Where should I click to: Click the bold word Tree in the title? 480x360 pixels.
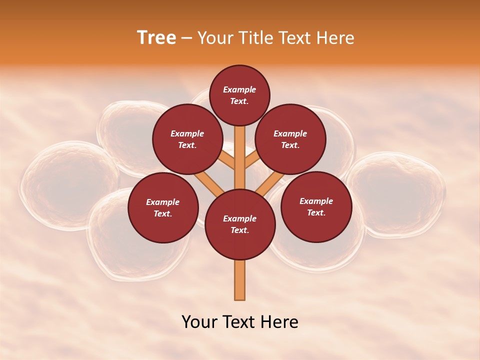click(x=156, y=37)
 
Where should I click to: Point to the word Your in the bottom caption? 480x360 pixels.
click(x=199, y=322)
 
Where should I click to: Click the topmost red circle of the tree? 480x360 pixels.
click(x=239, y=95)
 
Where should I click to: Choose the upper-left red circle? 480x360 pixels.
click(x=187, y=139)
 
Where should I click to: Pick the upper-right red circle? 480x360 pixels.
click(x=290, y=139)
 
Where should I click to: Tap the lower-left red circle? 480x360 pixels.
click(x=162, y=207)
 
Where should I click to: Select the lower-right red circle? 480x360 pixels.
click(x=316, y=206)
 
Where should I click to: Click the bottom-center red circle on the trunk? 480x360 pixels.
click(x=239, y=224)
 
